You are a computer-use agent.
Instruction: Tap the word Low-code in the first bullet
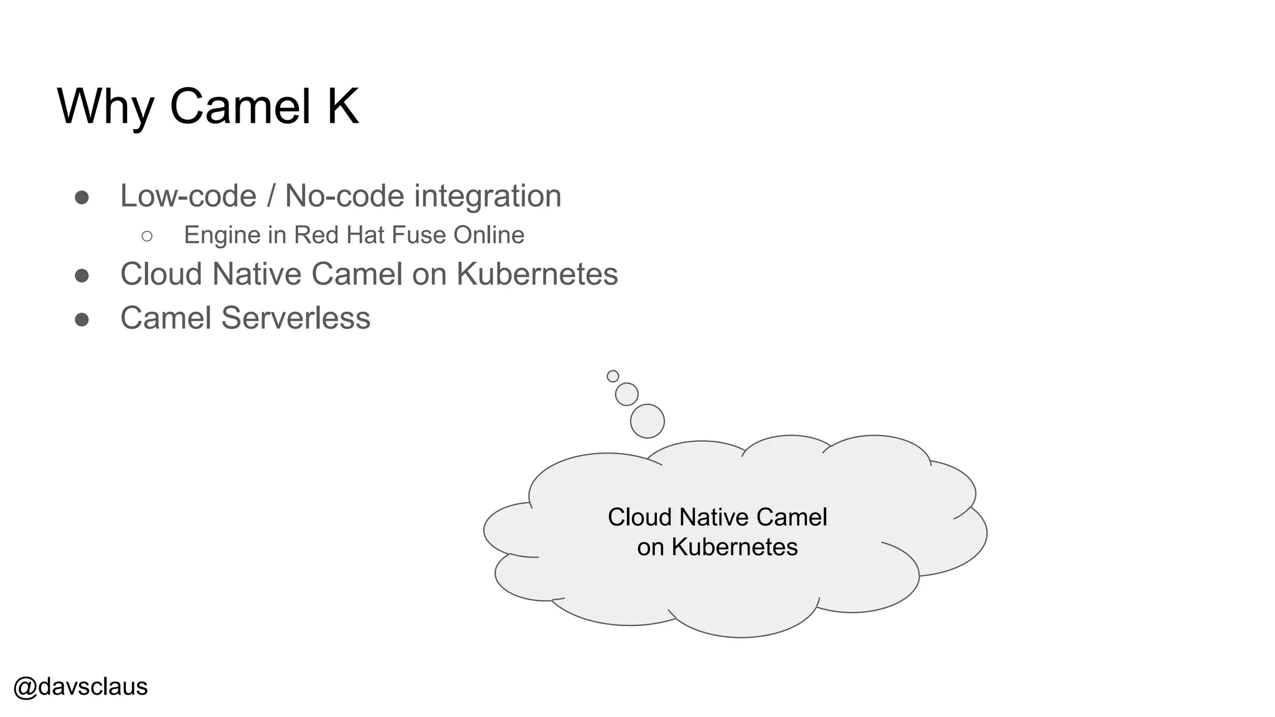(x=188, y=196)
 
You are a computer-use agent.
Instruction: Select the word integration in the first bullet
(x=487, y=196)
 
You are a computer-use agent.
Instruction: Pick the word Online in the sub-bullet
(x=489, y=235)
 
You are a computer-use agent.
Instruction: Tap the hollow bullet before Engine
(x=147, y=236)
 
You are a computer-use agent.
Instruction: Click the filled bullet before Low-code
(x=82, y=197)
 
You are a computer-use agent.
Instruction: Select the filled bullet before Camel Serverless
(x=82, y=319)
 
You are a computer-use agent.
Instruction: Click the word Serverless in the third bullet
(x=296, y=318)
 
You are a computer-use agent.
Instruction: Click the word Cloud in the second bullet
(x=161, y=274)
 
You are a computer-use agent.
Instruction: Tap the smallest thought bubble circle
(x=613, y=376)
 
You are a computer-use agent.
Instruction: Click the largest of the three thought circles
(x=647, y=421)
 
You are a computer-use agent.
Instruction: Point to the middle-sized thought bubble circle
(x=626, y=394)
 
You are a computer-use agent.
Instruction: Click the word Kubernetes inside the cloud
(x=734, y=547)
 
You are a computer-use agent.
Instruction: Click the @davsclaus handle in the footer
(x=80, y=687)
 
